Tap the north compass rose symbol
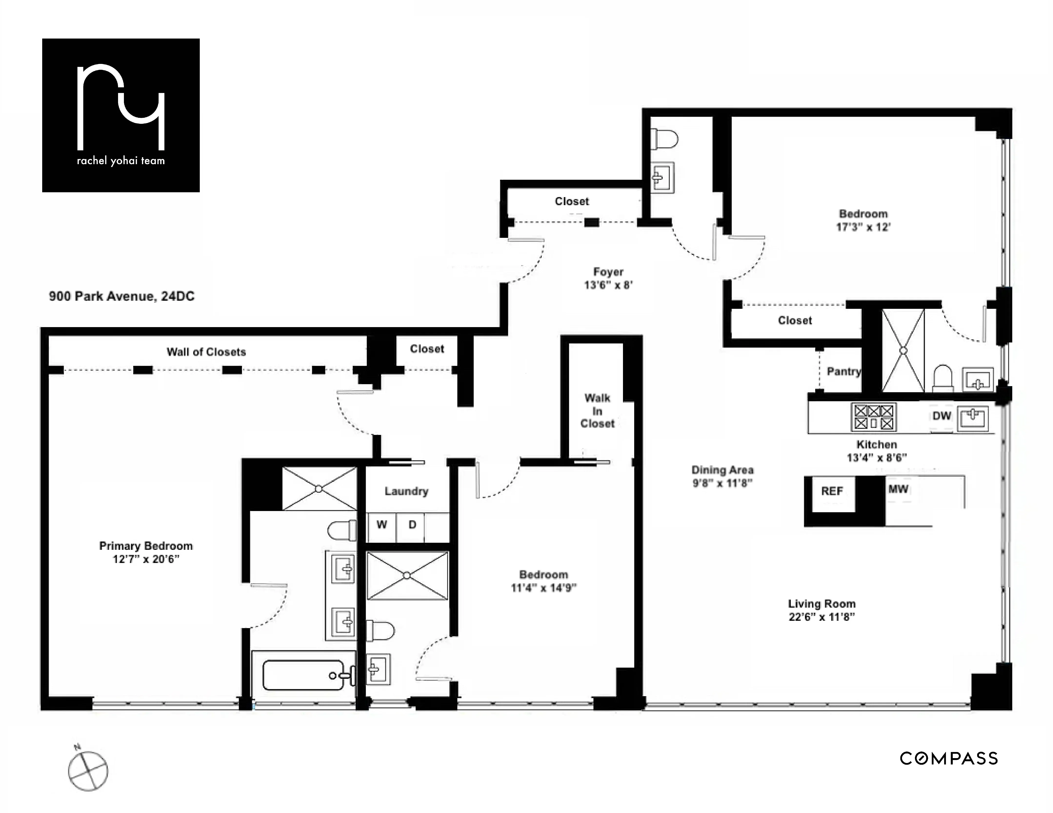click(88, 771)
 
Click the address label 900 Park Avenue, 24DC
click(121, 296)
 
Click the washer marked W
click(381, 525)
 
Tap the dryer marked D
click(412, 525)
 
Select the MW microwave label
click(898, 489)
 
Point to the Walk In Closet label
click(597, 411)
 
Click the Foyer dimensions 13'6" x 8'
click(608, 285)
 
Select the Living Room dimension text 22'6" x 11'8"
click(822, 617)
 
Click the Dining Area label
click(722, 470)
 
